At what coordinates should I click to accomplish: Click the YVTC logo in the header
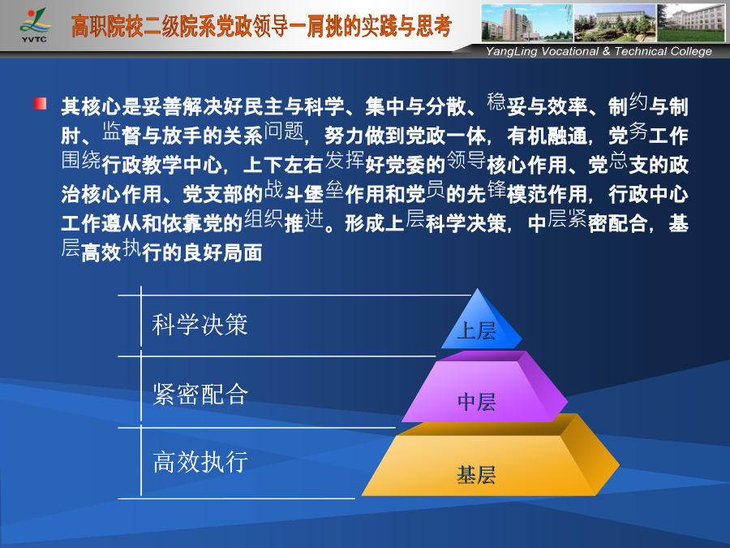(34, 26)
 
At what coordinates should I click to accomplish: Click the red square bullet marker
(40, 103)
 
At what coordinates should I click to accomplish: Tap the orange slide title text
(261, 26)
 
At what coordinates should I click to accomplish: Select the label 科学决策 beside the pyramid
(200, 324)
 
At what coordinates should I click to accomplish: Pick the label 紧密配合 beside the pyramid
(200, 394)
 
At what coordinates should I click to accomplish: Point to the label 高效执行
(200, 462)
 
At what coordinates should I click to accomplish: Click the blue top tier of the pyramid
(481, 324)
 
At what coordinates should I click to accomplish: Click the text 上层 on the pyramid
(476, 331)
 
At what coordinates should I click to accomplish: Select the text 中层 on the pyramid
(476, 402)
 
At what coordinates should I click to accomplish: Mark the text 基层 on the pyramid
(476, 475)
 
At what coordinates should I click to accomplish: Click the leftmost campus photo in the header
(527, 23)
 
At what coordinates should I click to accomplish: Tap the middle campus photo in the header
(615, 23)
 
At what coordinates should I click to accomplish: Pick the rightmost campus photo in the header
(691, 23)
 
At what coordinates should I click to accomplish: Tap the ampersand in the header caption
(606, 51)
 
